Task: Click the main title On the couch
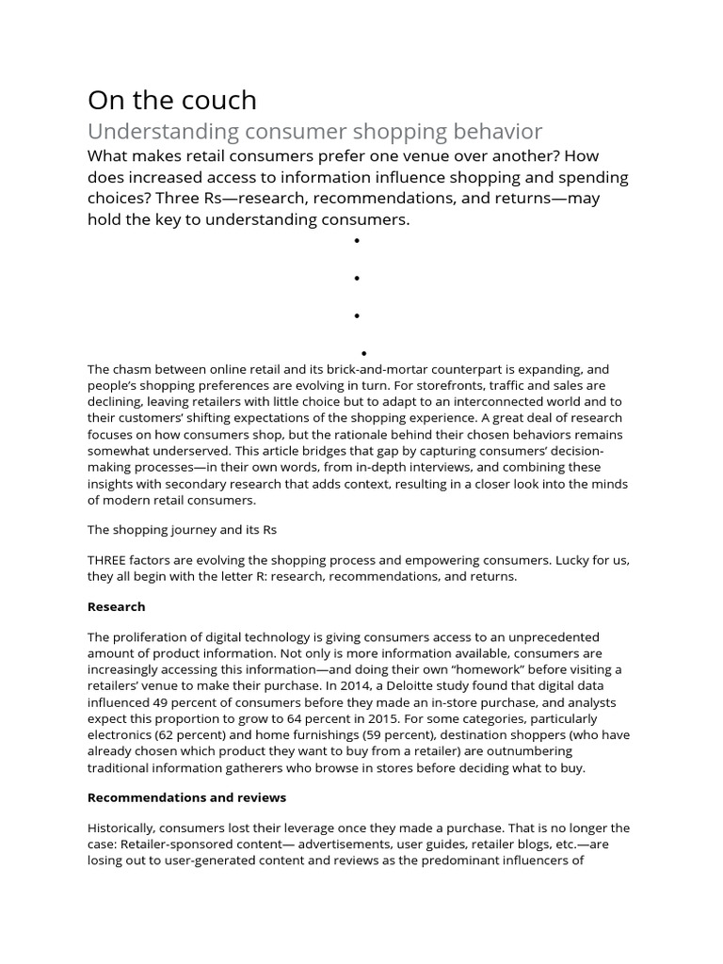(x=171, y=100)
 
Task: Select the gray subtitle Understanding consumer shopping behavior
(x=315, y=131)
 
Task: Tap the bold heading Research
(x=116, y=606)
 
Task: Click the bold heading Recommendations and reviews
(x=186, y=797)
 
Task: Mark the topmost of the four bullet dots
(x=357, y=241)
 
